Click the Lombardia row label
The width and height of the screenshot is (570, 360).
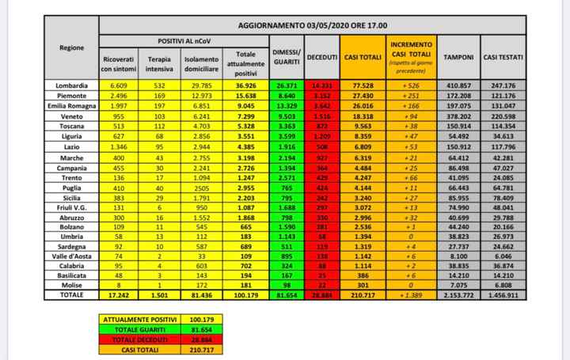[x=73, y=85]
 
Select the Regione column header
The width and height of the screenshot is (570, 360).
[x=73, y=48]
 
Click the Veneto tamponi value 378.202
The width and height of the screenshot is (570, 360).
[x=459, y=116]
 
